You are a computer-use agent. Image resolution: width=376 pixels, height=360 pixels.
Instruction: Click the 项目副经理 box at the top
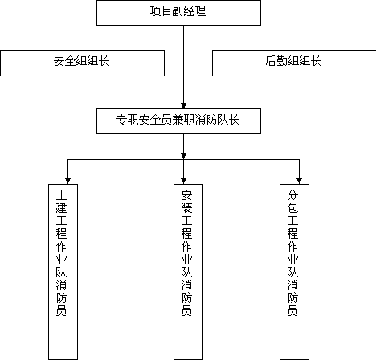point(178,13)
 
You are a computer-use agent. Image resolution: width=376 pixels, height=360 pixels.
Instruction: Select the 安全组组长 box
point(82,63)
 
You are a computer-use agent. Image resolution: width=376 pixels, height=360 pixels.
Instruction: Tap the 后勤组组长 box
point(294,63)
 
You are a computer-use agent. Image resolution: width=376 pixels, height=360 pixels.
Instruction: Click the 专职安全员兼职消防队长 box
point(178,121)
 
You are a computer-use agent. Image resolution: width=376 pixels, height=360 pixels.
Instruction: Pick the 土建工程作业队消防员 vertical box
point(63,272)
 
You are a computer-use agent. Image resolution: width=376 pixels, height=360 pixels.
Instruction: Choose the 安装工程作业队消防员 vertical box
point(188,272)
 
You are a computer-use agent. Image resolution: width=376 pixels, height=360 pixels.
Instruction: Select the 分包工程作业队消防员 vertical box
point(294,272)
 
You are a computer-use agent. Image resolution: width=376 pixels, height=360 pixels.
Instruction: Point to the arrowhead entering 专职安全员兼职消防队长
point(183,105)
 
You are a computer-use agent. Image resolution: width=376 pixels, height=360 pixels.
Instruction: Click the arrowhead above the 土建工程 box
point(67,181)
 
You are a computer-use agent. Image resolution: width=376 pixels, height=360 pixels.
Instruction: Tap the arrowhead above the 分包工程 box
point(299,181)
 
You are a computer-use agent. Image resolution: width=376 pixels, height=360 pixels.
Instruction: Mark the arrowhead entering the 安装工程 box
point(183,181)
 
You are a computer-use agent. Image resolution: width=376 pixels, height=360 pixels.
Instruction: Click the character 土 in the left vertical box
point(61,195)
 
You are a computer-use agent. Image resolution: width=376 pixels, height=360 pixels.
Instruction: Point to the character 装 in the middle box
point(186,208)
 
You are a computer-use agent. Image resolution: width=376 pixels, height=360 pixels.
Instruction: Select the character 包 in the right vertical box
point(292,208)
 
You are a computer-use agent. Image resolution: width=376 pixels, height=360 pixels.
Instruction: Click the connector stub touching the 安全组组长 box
point(174,59)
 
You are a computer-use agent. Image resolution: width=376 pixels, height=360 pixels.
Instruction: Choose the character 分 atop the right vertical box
point(292,195)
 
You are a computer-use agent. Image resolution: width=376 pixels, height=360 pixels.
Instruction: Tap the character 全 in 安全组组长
point(70,61)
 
